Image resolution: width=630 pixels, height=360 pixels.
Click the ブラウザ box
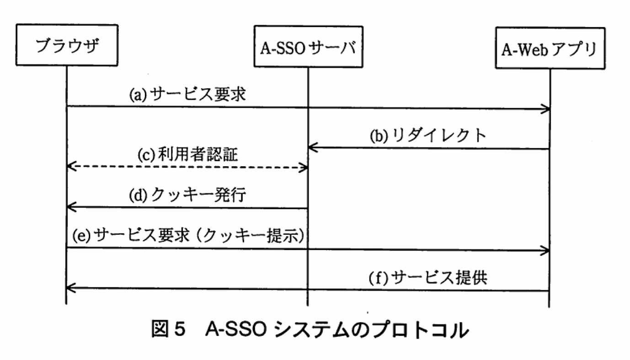tap(67, 46)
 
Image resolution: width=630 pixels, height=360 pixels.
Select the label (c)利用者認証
tap(188, 155)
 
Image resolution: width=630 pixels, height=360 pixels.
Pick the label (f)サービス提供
tap(428, 277)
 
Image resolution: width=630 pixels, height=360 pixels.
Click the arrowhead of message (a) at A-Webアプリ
tap(545, 108)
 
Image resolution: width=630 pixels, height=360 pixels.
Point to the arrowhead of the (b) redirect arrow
tap(312, 148)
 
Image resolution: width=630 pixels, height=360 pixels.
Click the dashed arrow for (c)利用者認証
tap(187, 168)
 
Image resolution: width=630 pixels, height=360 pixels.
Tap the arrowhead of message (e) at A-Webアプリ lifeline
tap(545, 249)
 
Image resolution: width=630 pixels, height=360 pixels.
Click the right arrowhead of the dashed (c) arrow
tap(304, 168)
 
